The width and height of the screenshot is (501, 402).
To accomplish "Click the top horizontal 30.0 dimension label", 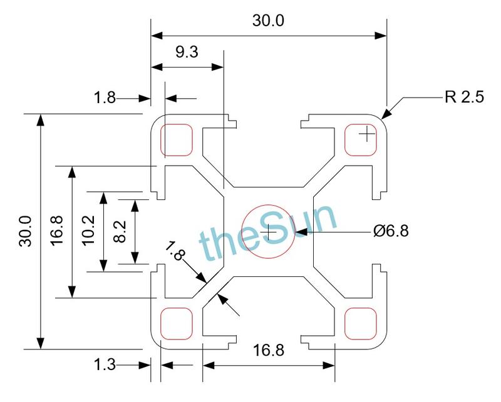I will [x=268, y=21].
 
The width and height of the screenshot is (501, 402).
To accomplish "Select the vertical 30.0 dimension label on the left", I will [x=24, y=232].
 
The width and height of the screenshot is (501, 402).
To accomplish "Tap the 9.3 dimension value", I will [x=187, y=53].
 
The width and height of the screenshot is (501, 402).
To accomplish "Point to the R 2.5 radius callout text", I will [x=464, y=98].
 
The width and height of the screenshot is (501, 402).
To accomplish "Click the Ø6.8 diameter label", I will [x=391, y=231].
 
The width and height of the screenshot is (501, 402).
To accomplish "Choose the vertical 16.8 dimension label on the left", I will [x=56, y=232].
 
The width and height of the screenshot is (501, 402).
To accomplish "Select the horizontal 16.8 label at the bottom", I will [x=268, y=351].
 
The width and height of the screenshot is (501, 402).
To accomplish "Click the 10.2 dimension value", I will [x=88, y=232].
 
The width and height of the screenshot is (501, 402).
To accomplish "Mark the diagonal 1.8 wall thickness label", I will [x=177, y=252].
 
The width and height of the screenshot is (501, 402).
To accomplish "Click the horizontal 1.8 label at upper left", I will [x=105, y=98].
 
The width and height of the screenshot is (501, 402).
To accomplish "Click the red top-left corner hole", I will [x=177, y=140].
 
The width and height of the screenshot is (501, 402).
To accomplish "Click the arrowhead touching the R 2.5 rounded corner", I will [x=386, y=114].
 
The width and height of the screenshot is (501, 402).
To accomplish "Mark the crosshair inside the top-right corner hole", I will [x=366, y=134].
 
